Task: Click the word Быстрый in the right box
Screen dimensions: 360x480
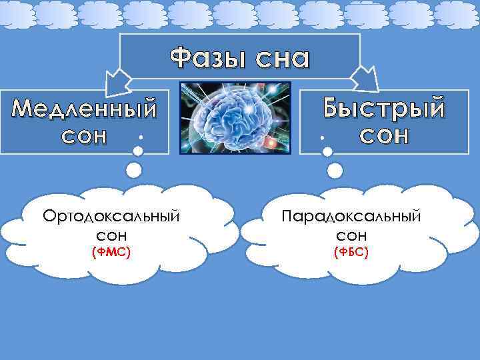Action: (383, 107)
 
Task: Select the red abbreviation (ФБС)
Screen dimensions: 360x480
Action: (351, 252)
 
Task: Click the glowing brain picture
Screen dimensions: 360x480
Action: (236, 117)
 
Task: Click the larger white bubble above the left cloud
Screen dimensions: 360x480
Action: (133, 170)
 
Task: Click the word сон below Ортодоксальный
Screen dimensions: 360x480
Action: (111, 235)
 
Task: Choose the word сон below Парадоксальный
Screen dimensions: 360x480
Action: (351, 235)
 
